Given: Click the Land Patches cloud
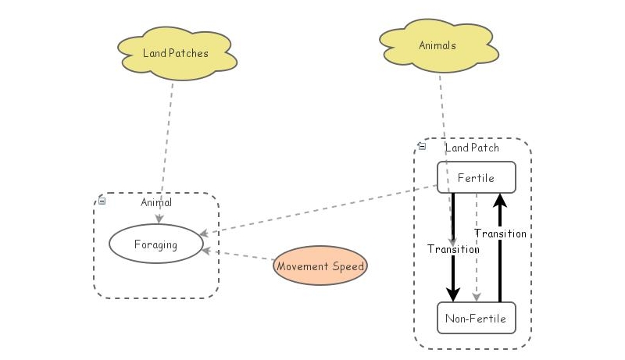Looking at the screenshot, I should [176, 53].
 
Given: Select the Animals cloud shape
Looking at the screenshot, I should [437, 45].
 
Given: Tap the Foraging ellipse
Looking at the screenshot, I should [155, 244].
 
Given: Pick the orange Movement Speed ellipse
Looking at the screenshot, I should [320, 266].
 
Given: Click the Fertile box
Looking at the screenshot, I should [476, 177].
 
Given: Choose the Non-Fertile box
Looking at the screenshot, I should [476, 318].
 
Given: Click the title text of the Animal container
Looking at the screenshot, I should [156, 202].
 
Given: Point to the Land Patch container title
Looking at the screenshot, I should [472, 148].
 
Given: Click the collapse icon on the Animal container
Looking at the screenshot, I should [102, 201].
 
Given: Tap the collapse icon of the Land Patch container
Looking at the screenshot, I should [422, 146].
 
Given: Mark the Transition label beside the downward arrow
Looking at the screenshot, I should [453, 249].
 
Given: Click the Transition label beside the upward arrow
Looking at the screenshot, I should [500, 233].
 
